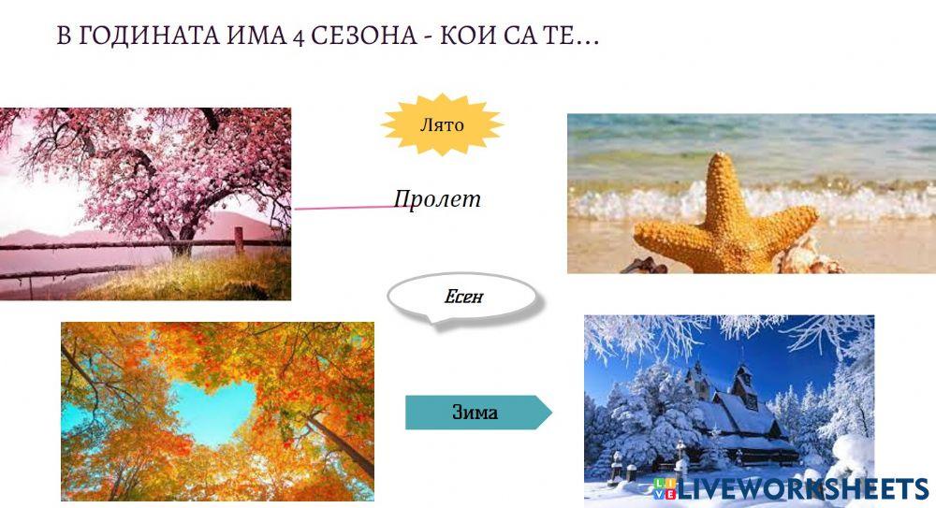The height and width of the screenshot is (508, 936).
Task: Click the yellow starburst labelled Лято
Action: (442, 123)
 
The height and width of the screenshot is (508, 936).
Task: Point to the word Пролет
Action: (437, 198)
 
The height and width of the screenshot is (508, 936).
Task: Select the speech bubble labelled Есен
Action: (464, 298)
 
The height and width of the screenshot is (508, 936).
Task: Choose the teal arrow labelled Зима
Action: (476, 412)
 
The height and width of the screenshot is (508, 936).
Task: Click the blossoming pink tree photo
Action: (145, 203)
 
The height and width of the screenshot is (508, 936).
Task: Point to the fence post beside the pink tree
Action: (240, 239)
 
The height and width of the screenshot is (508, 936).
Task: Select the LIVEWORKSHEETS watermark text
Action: (801, 488)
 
